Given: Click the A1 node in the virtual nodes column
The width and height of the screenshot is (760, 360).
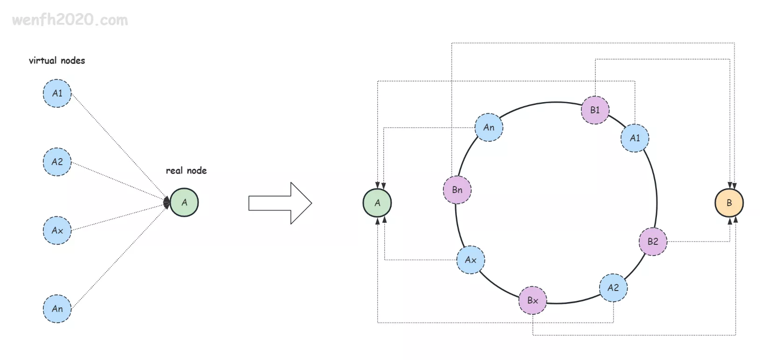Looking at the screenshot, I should coord(57,93).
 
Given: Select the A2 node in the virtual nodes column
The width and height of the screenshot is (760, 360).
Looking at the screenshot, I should coord(57,162).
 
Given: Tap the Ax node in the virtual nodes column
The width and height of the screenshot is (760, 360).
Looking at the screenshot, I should coord(57,230).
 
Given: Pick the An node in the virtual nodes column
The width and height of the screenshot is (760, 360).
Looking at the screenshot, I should coord(57,309).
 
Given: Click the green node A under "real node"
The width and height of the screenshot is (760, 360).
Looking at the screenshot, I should coord(184,202).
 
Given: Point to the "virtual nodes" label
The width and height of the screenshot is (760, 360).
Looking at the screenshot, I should coord(57,61).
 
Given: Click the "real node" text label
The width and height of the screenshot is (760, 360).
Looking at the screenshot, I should coord(186,171).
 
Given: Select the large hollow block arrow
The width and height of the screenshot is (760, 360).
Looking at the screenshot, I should coord(280,203).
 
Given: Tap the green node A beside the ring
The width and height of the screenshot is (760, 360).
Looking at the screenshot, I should coord(377,203).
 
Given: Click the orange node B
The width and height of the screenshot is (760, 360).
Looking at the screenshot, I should coord(729,203).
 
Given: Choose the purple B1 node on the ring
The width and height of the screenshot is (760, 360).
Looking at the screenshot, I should coord(595,110).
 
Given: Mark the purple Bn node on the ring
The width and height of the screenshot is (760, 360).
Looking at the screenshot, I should coord(457,190).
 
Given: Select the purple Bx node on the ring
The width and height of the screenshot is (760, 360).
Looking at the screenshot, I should coord(532,300).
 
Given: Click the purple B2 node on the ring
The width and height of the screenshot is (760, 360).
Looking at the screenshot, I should coord(653,242).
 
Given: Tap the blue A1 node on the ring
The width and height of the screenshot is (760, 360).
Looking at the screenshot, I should coord(635,138).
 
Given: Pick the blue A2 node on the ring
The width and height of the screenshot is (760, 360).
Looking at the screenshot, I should coord(613,288).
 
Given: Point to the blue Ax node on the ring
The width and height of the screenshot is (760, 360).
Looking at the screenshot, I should coord(470,260).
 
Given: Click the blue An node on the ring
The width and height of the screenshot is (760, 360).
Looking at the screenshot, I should coord(489,127).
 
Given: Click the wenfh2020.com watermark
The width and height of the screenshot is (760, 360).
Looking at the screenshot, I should coord(70,20).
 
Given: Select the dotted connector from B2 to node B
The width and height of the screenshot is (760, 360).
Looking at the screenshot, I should coord(699,242).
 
